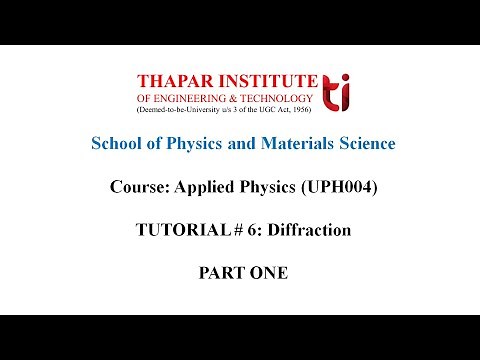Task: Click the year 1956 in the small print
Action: tap(304, 110)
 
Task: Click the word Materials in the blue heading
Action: tap(300, 144)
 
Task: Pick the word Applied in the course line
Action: tap(224, 187)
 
